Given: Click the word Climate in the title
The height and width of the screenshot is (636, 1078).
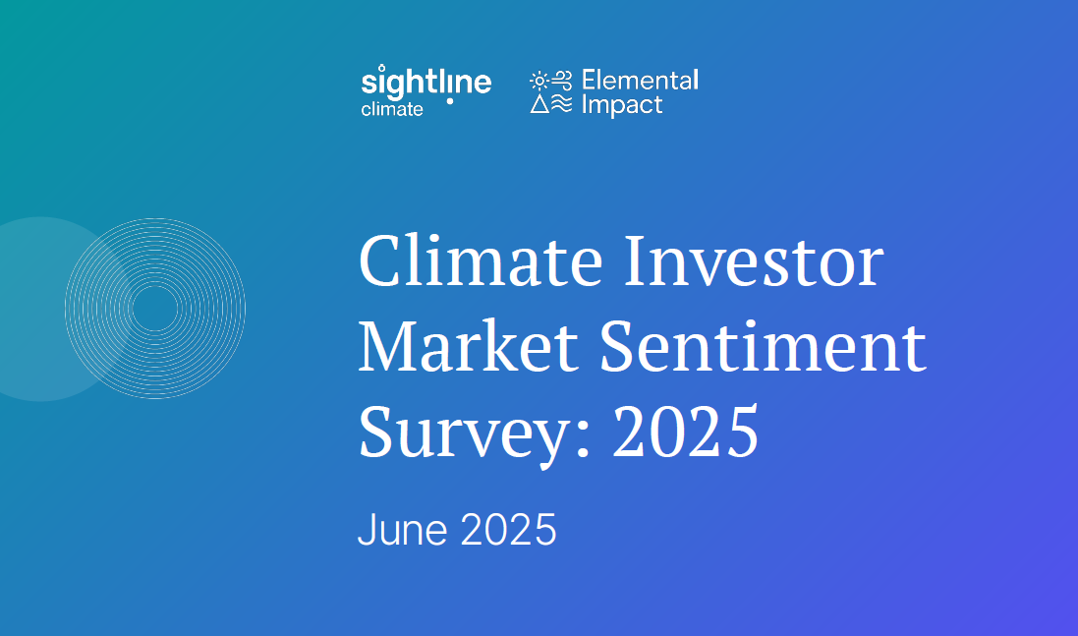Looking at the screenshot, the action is pos(481,260).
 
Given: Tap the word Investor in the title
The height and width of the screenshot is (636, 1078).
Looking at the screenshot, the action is pos(754,260).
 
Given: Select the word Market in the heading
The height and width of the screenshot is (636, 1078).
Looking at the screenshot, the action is pos(468,346).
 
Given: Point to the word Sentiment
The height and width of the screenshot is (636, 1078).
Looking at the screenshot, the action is pos(764,346).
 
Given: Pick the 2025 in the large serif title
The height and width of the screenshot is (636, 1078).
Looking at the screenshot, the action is pos(686,432).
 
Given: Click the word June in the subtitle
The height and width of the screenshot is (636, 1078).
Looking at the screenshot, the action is pos(403,530).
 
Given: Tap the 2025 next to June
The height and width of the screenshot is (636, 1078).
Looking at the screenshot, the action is pos(508,530).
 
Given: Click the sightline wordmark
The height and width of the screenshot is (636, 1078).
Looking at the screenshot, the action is pos(426,83).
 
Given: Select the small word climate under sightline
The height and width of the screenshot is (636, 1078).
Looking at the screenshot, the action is pos(392,109).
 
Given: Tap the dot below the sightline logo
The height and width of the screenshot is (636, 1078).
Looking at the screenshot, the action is pos(450,101).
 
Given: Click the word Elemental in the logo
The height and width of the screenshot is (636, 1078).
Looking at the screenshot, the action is pos(640,81).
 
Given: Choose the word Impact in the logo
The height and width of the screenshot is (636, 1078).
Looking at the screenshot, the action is pos(622,105).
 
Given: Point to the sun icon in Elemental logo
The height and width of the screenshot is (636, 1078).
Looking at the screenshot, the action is pos(539,82).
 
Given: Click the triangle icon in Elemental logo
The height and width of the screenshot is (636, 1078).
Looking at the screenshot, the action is pos(539,103).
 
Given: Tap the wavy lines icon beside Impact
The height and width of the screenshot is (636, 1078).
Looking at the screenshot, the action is pos(562,103).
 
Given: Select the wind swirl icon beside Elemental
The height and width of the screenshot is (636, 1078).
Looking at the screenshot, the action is pos(562,81).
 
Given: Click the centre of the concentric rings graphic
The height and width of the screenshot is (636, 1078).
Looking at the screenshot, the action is pos(155,308).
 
